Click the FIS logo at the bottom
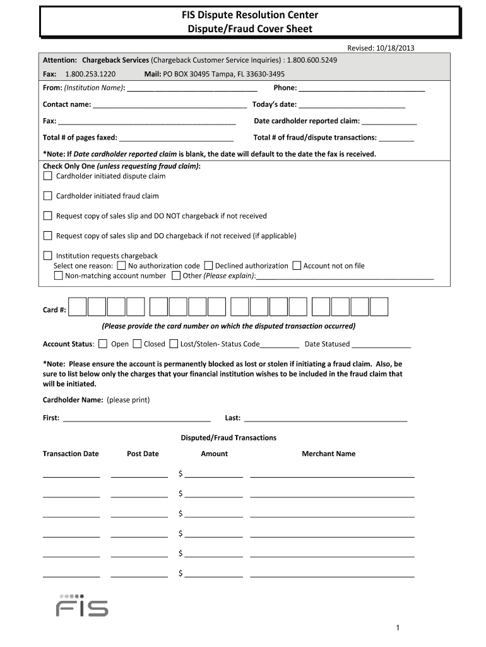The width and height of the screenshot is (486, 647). pyautogui.click(x=82, y=605)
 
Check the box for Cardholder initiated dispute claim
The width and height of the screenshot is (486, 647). pyautogui.click(x=47, y=176)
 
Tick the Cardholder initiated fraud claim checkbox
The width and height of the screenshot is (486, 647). pyautogui.click(x=47, y=196)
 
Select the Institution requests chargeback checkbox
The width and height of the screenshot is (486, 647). pyautogui.click(x=47, y=256)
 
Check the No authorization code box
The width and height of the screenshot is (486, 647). pyautogui.click(x=122, y=266)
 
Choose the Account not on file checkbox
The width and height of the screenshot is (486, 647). pyautogui.click(x=297, y=266)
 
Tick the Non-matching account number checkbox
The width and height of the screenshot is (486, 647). pyautogui.click(x=59, y=275)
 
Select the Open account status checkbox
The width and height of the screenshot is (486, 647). pyautogui.click(x=104, y=344)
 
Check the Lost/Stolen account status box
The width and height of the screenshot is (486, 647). pyautogui.click(x=174, y=344)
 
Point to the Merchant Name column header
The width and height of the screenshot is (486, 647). pyautogui.click(x=328, y=454)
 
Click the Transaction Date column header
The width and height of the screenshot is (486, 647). pyautogui.click(x=71, y=454)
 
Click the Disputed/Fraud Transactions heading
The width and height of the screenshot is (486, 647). pyautogui.click(x=228, y=438)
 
